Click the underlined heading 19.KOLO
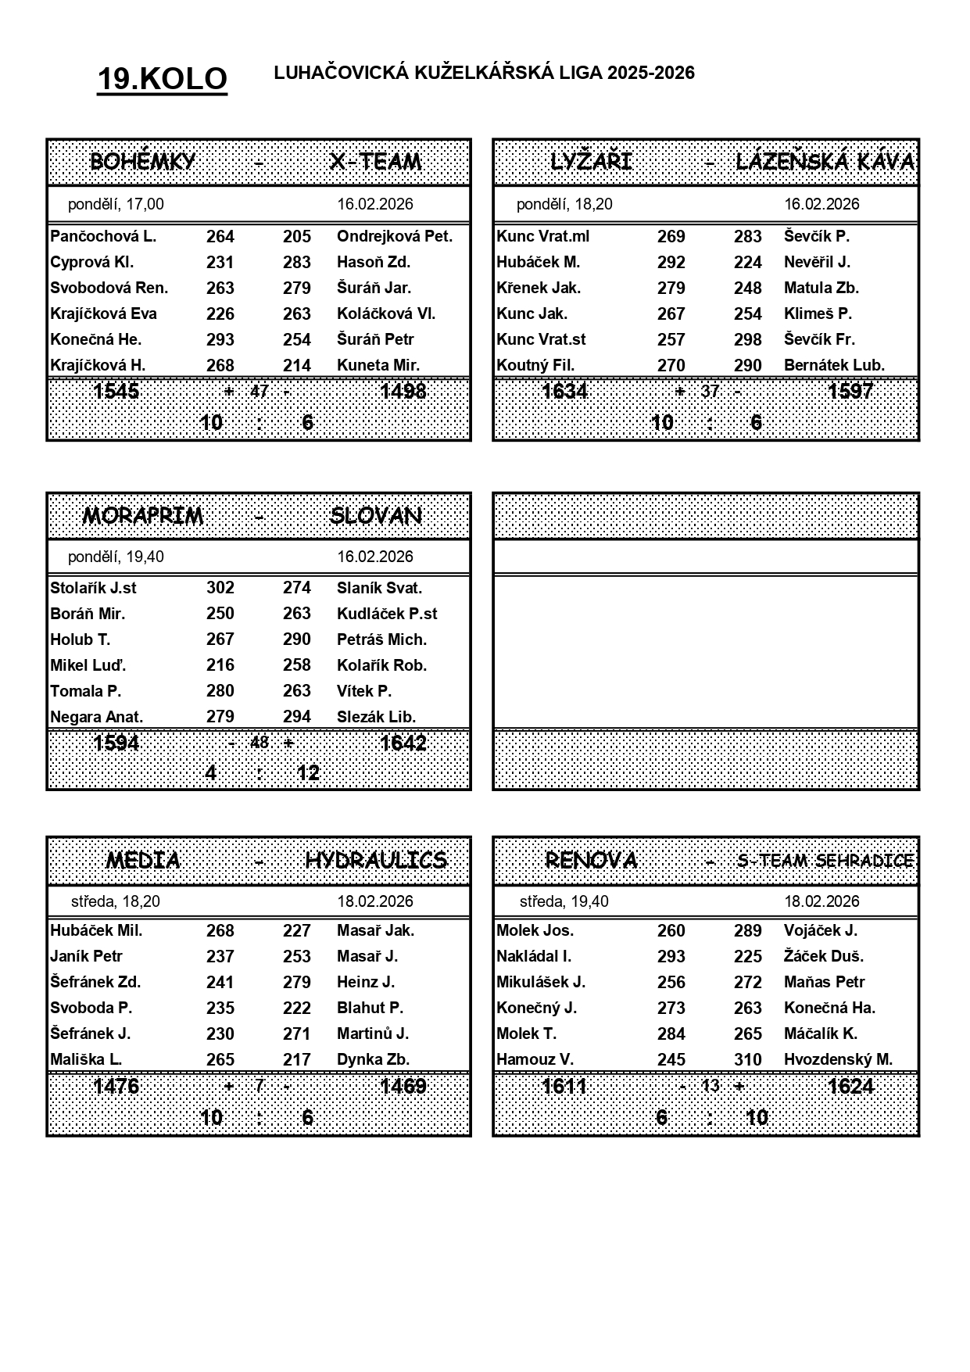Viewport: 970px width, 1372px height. coord(162,79)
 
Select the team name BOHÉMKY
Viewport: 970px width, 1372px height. coord(142,162)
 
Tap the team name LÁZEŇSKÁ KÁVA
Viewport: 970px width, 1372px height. coord(825,162)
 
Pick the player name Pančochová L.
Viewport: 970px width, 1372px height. coord(103,236)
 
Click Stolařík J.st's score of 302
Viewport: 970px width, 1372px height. coord(220,588)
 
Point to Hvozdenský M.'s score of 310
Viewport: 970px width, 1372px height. coord(747,1059)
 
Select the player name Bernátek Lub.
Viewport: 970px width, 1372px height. coord(834,365)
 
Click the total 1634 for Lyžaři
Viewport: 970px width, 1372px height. coord(564,391)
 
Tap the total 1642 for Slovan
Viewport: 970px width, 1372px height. coord(403,743)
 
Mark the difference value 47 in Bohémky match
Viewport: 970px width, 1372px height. coord(260,391)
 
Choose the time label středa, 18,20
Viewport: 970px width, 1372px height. coord(116,901)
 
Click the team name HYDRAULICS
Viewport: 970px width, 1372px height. coord(376,861)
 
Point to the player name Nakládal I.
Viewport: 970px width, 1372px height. coord(534,956)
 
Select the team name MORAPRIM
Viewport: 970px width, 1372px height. coord(142,516)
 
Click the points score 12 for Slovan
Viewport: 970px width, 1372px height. coord(308,773)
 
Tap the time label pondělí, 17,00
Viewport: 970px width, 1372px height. coord(116,204)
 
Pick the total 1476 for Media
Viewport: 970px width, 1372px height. coord(116,1087)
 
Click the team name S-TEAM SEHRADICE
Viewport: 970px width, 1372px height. coord(825,861)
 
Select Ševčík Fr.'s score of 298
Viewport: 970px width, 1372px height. coord(747,339)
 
